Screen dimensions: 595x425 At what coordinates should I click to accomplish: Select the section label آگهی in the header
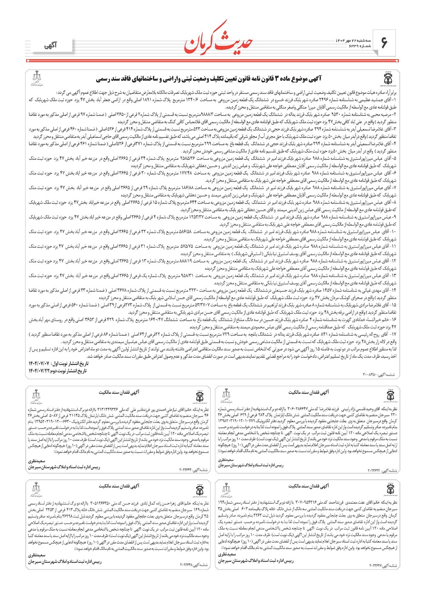tap(50, 45)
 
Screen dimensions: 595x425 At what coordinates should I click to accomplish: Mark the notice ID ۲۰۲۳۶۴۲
tap(384, 470)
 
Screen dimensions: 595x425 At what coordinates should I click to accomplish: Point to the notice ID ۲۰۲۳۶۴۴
tap(194, 470)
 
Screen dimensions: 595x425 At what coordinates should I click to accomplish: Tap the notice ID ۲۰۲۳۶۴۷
tap(384, 566)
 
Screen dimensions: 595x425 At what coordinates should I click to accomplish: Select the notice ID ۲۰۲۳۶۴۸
tap(194, 565)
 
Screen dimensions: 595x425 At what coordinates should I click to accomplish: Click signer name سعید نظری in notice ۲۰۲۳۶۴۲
tap(226, 460)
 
